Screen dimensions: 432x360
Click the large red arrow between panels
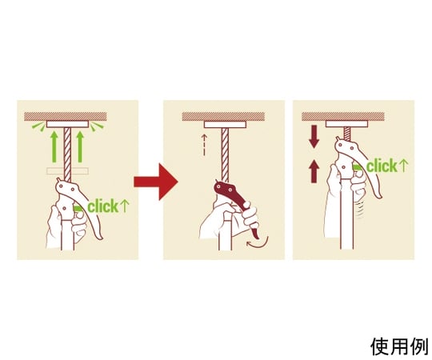[156, 182]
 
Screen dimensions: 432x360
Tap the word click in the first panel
[102, 206]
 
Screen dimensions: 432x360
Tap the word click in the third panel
[382, 166]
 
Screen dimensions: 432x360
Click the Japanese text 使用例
[398, 346]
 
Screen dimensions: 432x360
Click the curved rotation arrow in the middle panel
[258, 243]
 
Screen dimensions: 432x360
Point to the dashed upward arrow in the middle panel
[204, 145]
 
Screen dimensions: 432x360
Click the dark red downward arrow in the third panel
[314, 137]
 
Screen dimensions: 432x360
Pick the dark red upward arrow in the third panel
[314, 171]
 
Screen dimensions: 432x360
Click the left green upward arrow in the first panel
[54, 147]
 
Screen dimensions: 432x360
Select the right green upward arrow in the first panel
[80, 147]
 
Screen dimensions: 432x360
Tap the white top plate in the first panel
[67, 124]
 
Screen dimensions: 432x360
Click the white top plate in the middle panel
[225, 125]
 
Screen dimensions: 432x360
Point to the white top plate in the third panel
[346, 124]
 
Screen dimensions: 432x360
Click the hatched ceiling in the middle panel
[223, 117]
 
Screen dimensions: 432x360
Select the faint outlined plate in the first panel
[67, 171]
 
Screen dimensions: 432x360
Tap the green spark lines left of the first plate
[38, 126]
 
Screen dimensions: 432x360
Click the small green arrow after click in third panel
[403, 166]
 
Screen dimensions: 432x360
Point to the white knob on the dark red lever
[246, 204]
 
